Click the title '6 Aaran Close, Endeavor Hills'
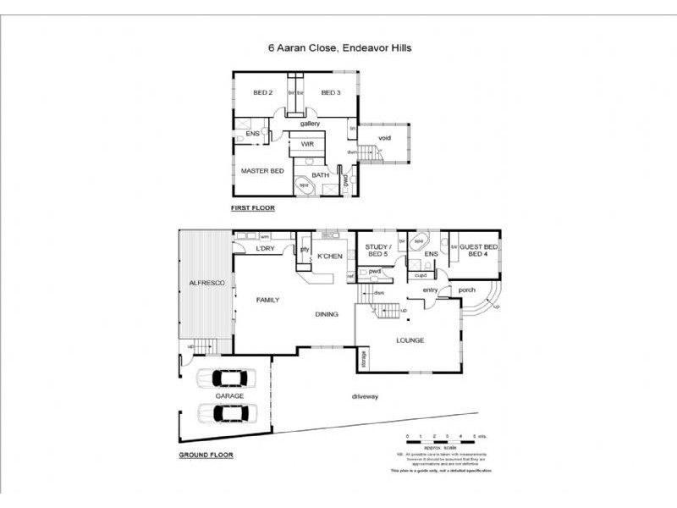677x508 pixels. coord(339,49)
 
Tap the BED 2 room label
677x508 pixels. coord(262,92)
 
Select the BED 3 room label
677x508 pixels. coord(330,92)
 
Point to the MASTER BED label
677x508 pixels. coord(261,171)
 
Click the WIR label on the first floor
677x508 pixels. coord(307,145)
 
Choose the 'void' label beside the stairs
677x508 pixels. coord(385,137)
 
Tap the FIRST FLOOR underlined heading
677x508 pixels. coord(253,207)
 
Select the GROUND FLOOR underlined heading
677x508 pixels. coord(206,455)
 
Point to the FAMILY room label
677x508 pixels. coord(267,300)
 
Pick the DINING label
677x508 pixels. coord(327,314)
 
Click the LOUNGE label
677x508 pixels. coord(409,340)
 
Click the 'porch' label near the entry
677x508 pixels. coord(466,290)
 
